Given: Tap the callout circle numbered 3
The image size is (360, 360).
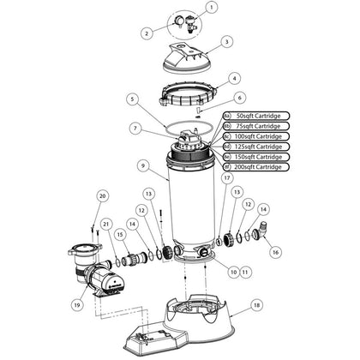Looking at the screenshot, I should pyautogui.click(x=226, y=41).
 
